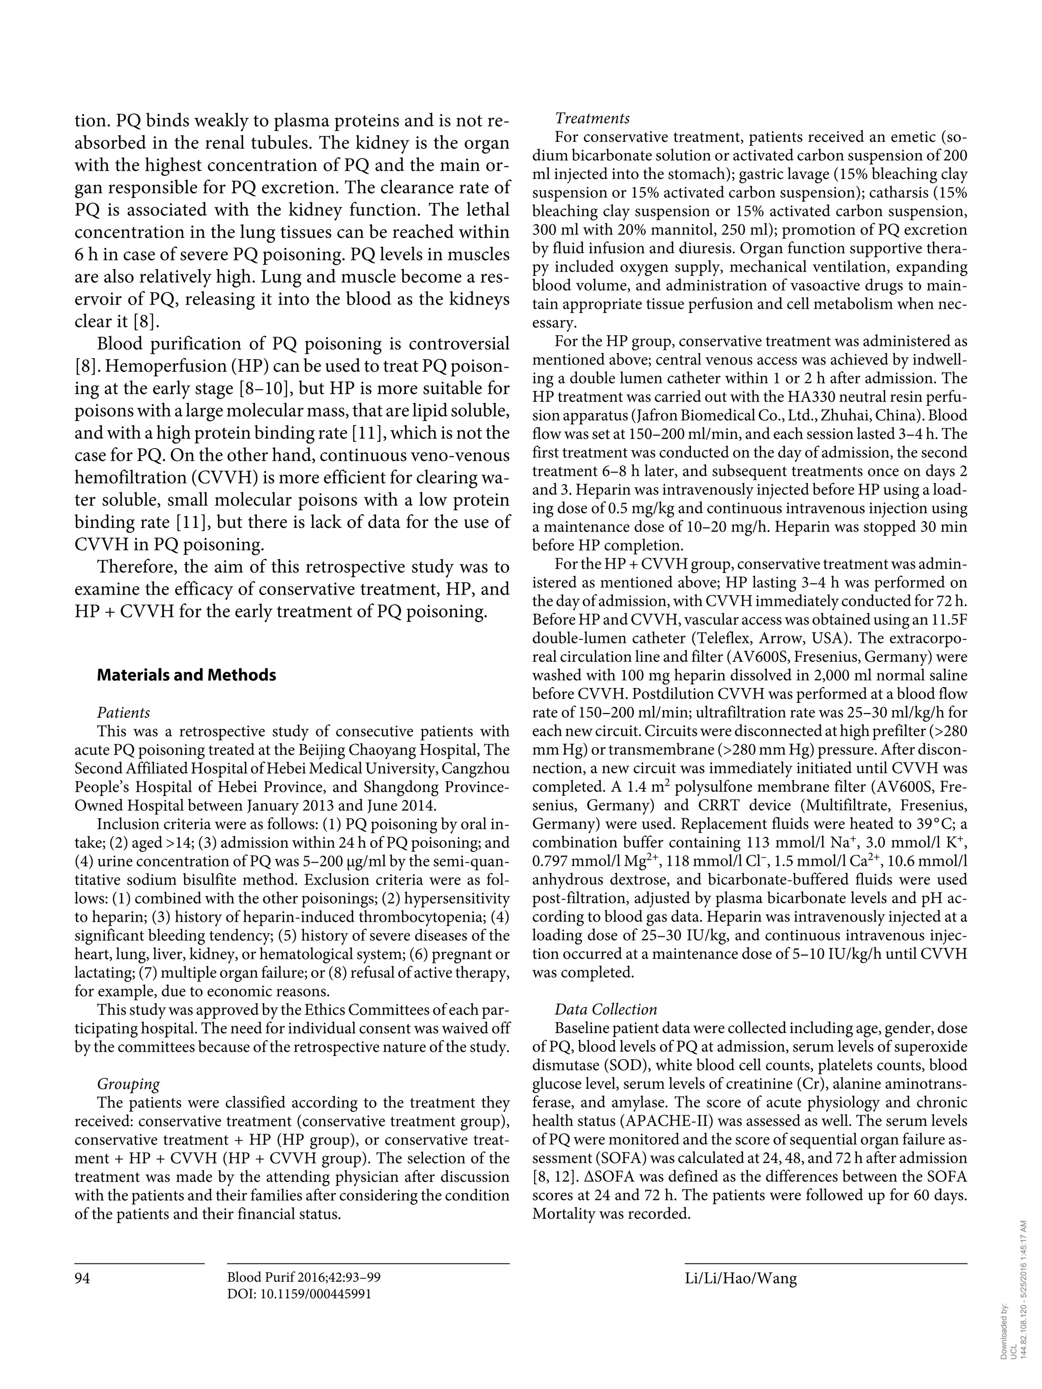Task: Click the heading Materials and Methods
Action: click(x=187, y=675)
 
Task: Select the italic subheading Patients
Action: click(x=124, y=713)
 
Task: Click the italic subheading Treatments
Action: click(x=592, y=118)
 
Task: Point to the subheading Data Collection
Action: click(x=605, y=1009)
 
